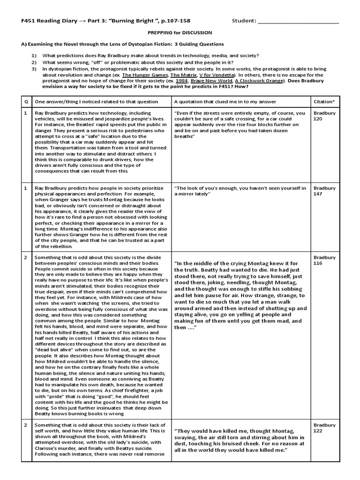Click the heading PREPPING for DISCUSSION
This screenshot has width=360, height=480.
pyautogui.click(x=180, y=33)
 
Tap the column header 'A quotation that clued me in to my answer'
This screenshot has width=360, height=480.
pyautogui.click(x=225, y=101)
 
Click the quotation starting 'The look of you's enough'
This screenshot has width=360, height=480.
pyautogui.click(x=240, y=191)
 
